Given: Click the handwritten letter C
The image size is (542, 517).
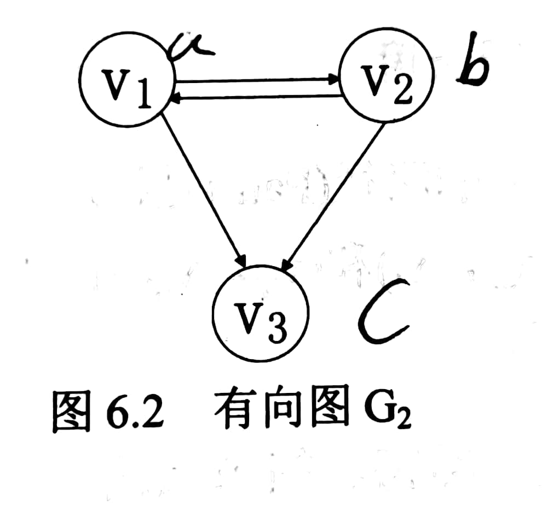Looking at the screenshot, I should [x=383, y=312].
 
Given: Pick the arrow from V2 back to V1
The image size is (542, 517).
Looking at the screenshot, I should [x=257, y=97].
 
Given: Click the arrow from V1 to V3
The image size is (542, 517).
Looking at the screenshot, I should [x=205, y=191].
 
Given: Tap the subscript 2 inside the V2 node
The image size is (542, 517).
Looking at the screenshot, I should [x=402, y=93].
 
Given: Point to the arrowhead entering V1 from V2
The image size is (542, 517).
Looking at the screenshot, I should [x=176, y=98].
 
